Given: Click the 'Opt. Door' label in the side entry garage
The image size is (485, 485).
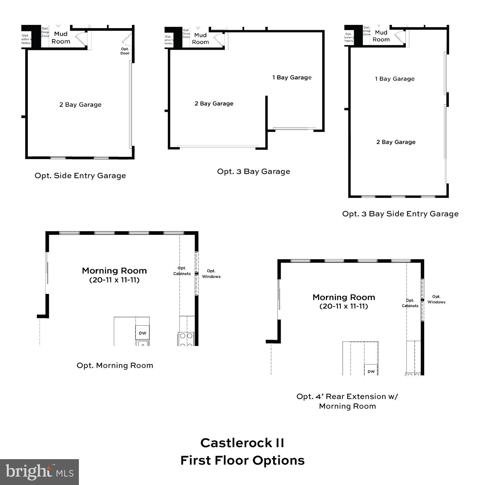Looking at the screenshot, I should click(125, 51).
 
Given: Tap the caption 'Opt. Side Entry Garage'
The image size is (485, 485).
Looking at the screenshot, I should click(80, 176).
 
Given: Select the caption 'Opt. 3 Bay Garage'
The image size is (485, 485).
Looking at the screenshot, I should click(253, 171).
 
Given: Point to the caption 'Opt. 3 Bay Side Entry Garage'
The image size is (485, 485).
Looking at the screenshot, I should click(400, 214).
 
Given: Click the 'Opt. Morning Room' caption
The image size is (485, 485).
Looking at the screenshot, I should click(115, 365).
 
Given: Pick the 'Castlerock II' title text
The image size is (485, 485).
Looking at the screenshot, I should click(242, 443).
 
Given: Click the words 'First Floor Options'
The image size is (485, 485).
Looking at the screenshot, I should click(242, 460).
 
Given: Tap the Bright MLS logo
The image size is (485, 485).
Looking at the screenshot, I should click(39, 472).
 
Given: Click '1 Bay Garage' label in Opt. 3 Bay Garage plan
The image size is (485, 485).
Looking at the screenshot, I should click(292, 77).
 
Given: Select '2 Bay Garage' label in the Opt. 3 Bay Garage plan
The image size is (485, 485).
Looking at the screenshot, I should click(214, 103).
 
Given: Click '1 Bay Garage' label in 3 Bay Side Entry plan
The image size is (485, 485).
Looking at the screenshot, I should click(394, 79).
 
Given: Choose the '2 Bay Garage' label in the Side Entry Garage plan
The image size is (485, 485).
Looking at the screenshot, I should click(80, 104).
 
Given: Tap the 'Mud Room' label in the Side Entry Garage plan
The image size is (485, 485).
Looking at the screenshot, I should click(61, 38).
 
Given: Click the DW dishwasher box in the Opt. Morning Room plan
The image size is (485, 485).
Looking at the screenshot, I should click(143, 333).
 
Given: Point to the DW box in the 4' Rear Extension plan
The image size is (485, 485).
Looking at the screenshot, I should click(371, 371).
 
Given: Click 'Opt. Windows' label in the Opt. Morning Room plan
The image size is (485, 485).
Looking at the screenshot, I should click(211, 274).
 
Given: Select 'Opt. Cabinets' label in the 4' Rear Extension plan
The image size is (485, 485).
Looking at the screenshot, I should click(410, 303).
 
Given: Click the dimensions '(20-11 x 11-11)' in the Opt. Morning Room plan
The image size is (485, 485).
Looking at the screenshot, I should click(114, 280).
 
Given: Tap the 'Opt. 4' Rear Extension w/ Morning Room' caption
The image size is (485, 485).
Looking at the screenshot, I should click(347, 401).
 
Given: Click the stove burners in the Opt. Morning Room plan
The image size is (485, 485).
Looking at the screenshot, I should click(186, 339).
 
